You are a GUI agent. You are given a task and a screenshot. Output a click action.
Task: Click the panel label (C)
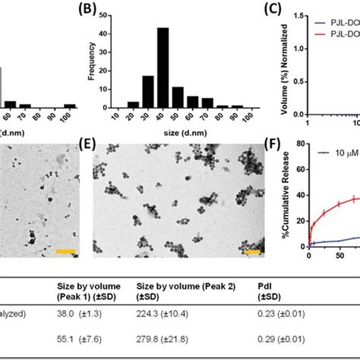click(282, 11)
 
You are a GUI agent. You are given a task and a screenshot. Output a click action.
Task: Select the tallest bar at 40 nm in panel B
click(163, 68)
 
